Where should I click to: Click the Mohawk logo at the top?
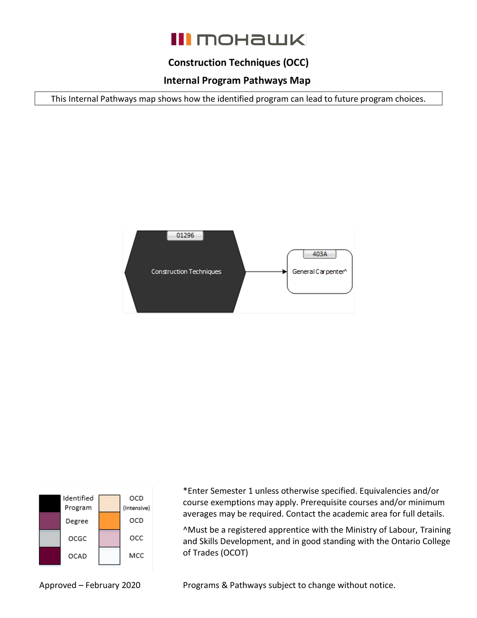238,39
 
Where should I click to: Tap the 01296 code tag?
185,235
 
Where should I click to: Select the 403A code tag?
320,254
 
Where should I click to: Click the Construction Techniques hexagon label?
186,272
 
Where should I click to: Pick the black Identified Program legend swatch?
50,503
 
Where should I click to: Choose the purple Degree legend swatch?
50,521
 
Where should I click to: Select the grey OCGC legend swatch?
50,538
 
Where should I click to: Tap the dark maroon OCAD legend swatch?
50,556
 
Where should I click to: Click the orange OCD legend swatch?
109,521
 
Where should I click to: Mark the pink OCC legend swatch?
109,538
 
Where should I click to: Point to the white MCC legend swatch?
109,556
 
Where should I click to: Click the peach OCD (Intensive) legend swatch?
109,503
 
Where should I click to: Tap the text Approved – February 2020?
90,585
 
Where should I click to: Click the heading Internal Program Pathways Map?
237,81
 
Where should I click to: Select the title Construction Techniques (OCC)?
238,63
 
